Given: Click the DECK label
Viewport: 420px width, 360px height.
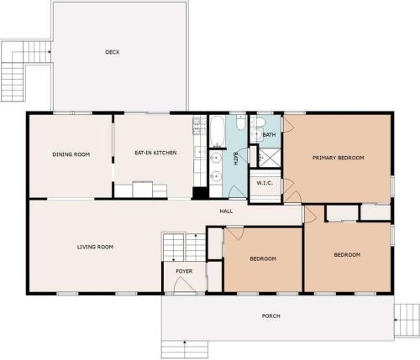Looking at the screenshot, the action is (x=113, y=52).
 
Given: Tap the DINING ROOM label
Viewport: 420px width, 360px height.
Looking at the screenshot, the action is (x=71, y=154).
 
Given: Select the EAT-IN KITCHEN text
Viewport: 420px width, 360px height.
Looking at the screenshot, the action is (x=155, y=153).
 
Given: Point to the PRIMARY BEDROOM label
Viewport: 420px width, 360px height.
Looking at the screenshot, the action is (x=339, y=158).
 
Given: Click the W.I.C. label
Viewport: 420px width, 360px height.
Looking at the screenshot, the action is (x=265, y=183).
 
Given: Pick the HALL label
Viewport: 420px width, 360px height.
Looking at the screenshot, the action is (x=226, y=211).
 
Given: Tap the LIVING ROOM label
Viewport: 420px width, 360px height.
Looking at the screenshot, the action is (x=95, y=247).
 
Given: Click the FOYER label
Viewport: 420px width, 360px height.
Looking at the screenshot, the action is (x=184, y=271).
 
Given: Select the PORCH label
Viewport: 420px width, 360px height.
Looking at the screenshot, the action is (x=270, y=316).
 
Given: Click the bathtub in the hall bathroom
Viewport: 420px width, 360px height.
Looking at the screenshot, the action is (x=218, y=132).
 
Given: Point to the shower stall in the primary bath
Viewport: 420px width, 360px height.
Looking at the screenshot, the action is (x=269, y=158).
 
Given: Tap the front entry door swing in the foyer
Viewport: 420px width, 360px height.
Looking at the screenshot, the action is (x=185, y=285).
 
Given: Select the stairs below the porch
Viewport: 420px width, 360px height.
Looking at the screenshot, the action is (x=185, y=349).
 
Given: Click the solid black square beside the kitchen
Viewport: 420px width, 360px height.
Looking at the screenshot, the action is (x=200, y=193).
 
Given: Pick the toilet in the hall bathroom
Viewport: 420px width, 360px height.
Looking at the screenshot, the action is (x=241, y=123).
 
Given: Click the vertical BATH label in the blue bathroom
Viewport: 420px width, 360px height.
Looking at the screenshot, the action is (x=235, y=159).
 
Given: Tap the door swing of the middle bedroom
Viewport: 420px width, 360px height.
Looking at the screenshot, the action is (x=235, y=233).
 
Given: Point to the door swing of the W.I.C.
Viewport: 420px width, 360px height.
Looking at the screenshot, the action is (x=288, y=185).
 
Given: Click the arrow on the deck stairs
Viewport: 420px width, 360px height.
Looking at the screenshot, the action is (x=50, y=52).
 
